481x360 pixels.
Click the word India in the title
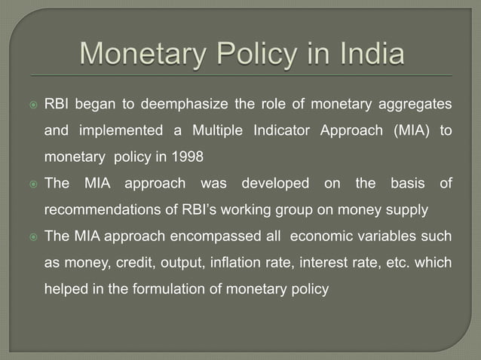coord(361,55)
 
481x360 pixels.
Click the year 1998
coord(188,157)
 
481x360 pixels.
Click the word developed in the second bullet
coord(276,184)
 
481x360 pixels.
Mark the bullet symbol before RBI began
coord(32,103)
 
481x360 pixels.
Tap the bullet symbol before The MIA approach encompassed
coord(32,236)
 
